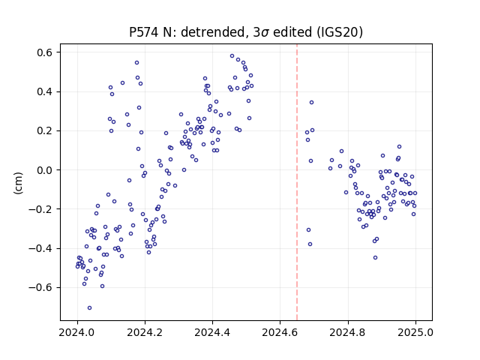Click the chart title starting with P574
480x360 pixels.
[x=246, y=31]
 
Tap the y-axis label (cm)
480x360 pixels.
[x=18, y=183]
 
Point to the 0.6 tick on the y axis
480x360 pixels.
[x=45, y=52]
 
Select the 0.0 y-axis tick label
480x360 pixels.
[x=45, y=170]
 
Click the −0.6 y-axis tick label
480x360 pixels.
[x=40, y=287]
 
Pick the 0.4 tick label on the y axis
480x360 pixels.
[x=45, y=91]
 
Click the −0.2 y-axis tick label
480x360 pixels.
[x=40, y=209]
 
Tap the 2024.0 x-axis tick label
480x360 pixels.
[x=77, y=332]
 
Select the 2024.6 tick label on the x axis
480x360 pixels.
[x=280, y=332]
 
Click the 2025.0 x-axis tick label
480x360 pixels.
[x=415, y=332]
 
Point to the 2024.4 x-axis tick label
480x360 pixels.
[x=212, y=332]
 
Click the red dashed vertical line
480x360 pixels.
[x=297, y=182]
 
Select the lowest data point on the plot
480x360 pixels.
[x=89, y=307]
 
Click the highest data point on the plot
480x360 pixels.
[x=232, y=56]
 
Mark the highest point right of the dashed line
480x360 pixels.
[x=311, y=102]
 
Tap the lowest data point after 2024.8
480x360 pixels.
[x=375, y=257]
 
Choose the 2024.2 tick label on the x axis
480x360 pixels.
[x=145, y=332]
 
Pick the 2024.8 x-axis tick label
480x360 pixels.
[x=348, y=332]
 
